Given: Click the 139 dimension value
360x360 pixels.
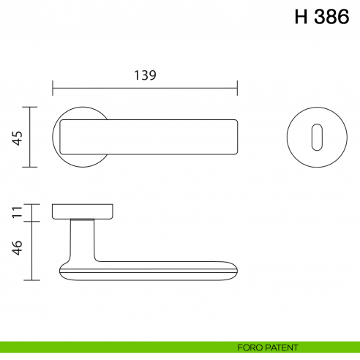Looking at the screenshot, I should (145, 75).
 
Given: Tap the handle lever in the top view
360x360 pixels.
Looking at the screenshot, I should (146, 137).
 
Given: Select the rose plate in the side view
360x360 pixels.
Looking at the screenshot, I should (82, 211).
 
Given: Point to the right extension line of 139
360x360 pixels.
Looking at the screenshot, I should (238, 88).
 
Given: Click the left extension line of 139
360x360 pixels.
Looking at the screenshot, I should (53, 88).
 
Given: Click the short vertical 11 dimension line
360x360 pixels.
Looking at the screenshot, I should (29, 212).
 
